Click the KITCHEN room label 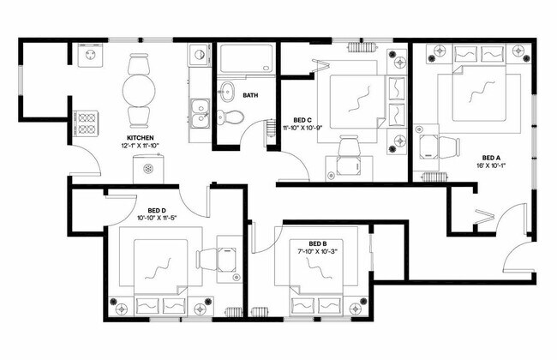pos(140,137)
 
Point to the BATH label pos(251,95)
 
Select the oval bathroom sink pos(227,89)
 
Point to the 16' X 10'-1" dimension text pos(489,168)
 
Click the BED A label pos(489,158)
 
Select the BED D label pos(157,210)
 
